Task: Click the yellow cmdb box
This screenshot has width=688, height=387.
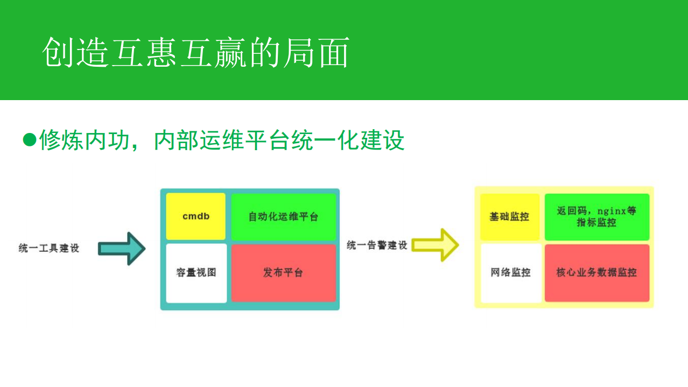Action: (x=195, y=216)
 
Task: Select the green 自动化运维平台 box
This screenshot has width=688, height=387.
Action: (x=283, y=216)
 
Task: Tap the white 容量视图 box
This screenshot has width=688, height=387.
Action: (x=196, y=272)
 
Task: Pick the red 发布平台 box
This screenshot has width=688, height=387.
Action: (x=283, y=272)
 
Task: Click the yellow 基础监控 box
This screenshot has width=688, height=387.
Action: (x=509, y=216)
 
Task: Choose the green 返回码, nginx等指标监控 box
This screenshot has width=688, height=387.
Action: (x=596, y=216)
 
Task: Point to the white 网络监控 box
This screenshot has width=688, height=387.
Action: (x=510, y=272)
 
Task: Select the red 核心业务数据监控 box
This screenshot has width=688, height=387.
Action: (x=596, y=272)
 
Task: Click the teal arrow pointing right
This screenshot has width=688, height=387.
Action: (x=122, y=248)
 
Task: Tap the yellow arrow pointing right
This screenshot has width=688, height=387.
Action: (x=435, y=245)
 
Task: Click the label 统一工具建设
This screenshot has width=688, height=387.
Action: (x=48, y=248)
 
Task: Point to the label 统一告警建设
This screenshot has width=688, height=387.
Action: (x=377, y=245)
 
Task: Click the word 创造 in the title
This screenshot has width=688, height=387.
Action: (x=76, y=53)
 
